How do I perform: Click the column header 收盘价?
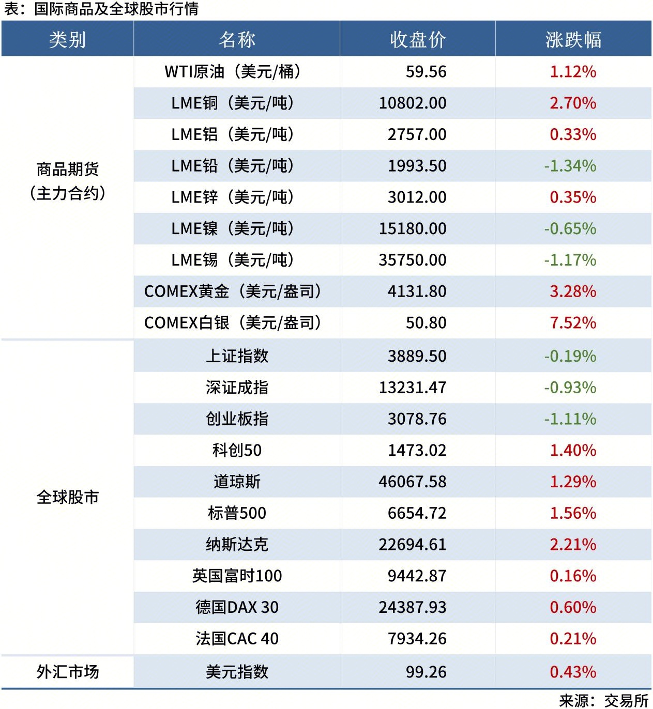tap(417, 39)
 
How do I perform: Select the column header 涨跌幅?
tap(573, 39)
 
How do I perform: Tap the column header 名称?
tap(237, 39)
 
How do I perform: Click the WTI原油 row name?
tap(232, 71)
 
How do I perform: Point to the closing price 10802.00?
tap(413, 103)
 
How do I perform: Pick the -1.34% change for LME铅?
tap(570, 166)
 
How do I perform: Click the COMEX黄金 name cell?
tap(232, 291)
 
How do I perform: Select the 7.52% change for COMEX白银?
tap(573, 323)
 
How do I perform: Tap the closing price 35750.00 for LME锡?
tap(413, 260)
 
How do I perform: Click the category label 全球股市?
tap(67, 497)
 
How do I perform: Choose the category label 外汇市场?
tap(67, 672)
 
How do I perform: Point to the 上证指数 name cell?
tap(237, 356)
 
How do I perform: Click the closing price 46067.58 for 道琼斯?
tap(413, 482)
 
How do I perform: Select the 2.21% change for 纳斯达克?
tap(573, 545)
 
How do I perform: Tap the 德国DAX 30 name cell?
tap(237, 607)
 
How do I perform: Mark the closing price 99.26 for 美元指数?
tap(426, 672)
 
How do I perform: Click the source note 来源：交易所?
tap(603, 700)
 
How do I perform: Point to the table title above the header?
tap(101, 9)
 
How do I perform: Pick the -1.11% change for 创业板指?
tap(570, 419)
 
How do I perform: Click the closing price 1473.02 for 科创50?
tap(417, 450)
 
